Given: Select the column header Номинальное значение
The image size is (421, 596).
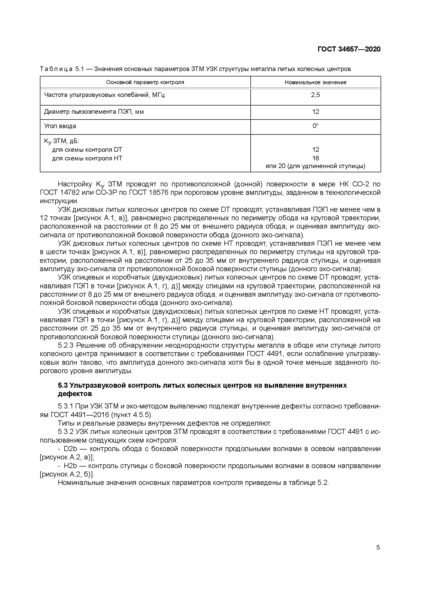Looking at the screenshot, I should [315, 82].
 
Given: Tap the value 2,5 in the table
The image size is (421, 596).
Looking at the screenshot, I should [315, 95].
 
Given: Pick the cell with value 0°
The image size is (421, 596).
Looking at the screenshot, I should [315, 126].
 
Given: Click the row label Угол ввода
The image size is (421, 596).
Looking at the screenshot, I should [60, 126].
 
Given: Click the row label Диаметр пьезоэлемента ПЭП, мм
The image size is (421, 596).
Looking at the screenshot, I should [94, 112].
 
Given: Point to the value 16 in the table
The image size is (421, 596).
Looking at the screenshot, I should [315, 158].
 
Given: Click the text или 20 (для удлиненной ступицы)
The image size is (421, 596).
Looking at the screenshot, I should [315, 166].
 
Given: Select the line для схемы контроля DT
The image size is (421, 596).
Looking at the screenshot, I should [87, 150].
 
